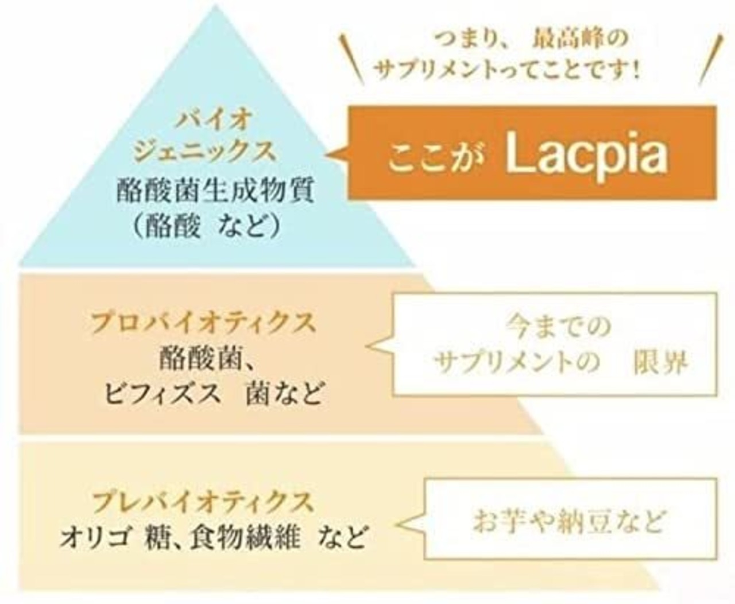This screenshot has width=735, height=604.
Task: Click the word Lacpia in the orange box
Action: point(587,154)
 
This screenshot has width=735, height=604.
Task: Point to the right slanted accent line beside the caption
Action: point(710,60)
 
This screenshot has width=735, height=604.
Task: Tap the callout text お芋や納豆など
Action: point(568,521)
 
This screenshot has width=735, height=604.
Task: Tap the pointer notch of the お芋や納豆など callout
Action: point(408,524)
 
